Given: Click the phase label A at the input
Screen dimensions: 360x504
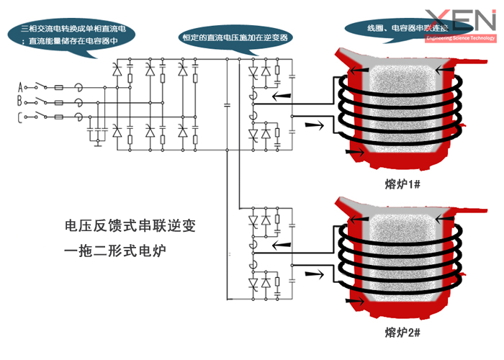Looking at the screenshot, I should click(x=19, y=87).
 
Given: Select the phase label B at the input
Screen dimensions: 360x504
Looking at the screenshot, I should click(x=19, y=102).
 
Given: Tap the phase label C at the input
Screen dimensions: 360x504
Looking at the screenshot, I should click(x=19, y=117).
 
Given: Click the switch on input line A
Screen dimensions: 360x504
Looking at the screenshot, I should click(x=40, y=86).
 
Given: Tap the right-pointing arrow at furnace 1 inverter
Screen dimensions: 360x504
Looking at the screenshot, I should click(x=312, y=125).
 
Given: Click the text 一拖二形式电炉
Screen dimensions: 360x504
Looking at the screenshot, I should click(x=119, y=251).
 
